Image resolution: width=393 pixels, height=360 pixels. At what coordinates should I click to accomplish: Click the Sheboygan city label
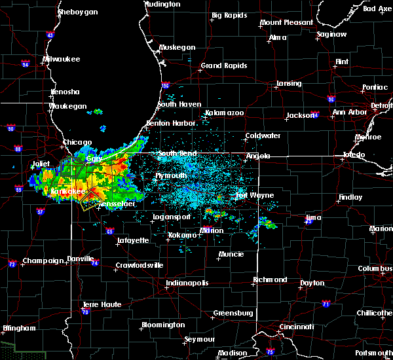(77, 12)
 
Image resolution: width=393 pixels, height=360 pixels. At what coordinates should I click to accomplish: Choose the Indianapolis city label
(187, 283)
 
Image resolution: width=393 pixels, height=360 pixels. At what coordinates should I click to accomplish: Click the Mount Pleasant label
(286, 22)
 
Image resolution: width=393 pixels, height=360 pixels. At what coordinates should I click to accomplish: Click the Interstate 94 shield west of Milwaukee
(26, 64)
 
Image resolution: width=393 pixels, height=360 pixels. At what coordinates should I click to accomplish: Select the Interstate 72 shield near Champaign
(12, 264)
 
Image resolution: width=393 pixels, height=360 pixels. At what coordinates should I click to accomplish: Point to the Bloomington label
(162, 325)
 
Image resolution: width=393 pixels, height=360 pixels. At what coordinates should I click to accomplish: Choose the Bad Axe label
(377, 9)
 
